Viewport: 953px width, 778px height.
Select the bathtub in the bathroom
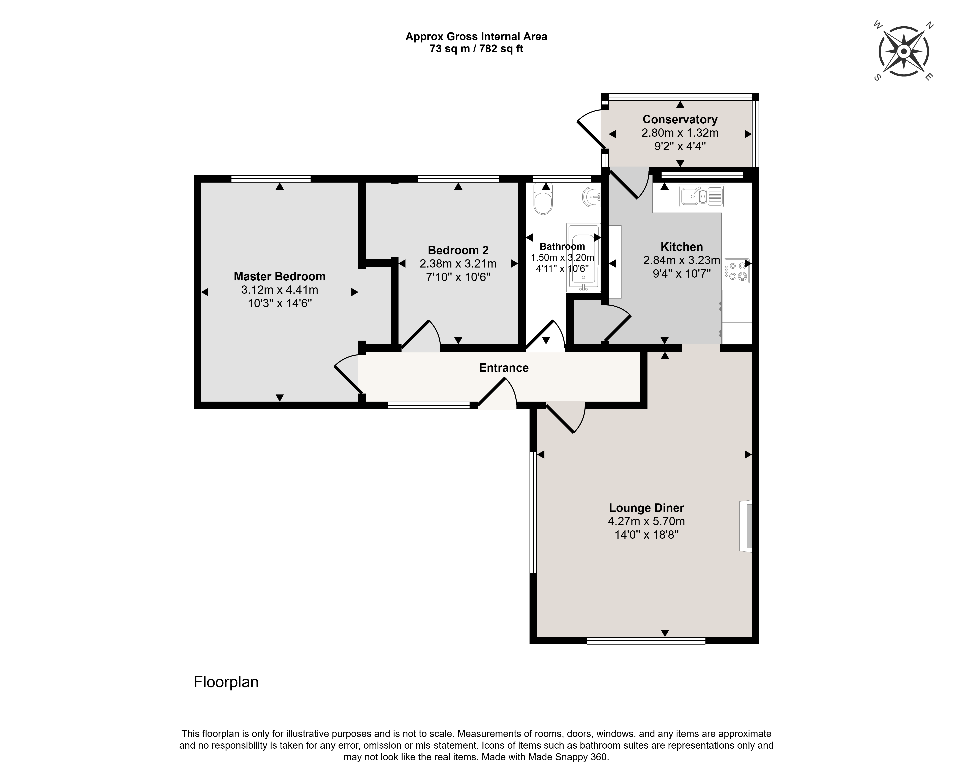click(x=583, y=258)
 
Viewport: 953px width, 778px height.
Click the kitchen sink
click(x=701, y=196)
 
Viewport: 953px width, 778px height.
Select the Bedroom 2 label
click(x=458, y=250)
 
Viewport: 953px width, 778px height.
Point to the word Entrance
click(x=504, y=368)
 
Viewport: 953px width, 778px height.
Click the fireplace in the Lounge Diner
click(x=745, y=526)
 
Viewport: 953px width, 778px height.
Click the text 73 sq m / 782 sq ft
click(x=476, y=49)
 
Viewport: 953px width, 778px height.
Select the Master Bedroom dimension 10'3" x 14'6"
click(x=280, y=303)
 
